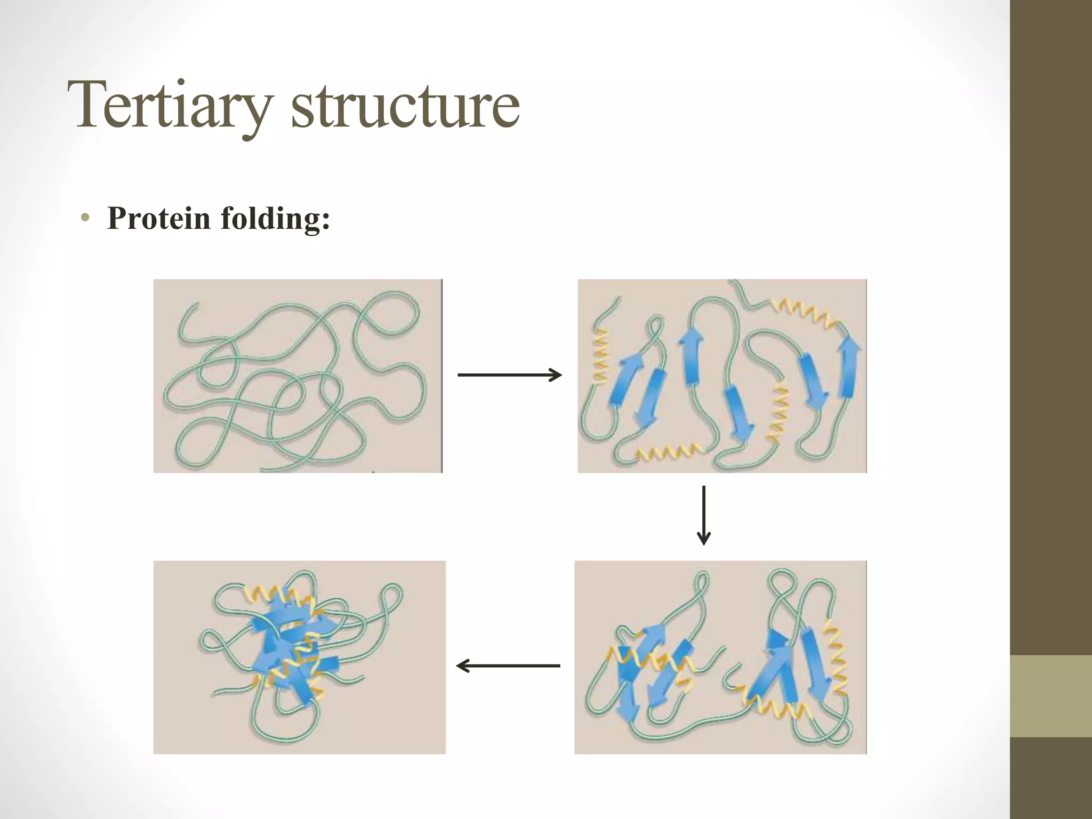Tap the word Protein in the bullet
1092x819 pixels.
[158, 218]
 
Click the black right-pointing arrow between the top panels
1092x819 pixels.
[509, 375]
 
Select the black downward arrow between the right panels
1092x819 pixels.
[704, 515]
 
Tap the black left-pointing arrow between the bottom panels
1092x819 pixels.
[508, 665]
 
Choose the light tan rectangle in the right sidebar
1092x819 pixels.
[1050, 696]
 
